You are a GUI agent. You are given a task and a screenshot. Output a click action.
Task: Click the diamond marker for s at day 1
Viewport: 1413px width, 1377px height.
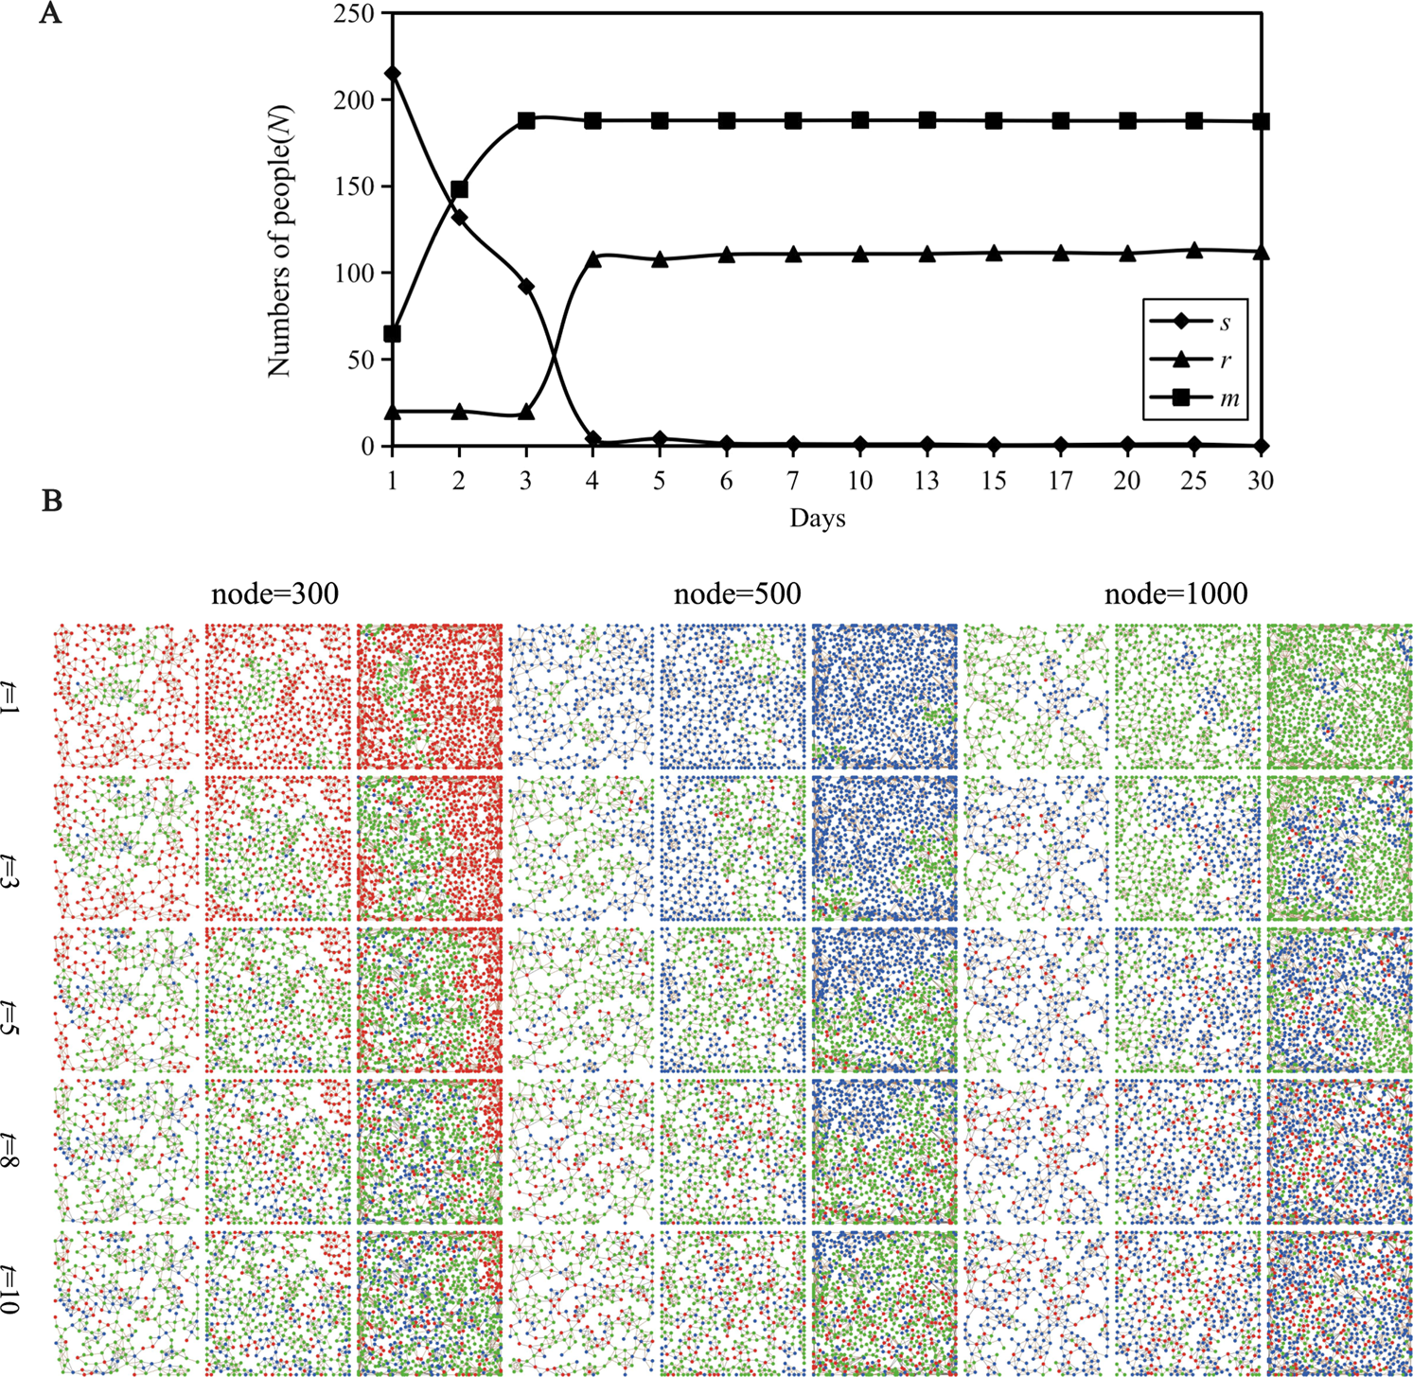[392, 74]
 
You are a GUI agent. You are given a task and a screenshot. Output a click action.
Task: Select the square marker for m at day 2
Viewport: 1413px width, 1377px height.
[459, 190]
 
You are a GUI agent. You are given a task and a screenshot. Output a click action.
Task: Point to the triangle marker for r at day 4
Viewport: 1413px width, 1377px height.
[593, 258]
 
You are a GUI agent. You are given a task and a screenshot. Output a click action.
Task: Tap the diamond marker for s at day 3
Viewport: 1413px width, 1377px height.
[526, 287]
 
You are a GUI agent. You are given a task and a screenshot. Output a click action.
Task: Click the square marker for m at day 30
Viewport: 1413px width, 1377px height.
[1261, 122]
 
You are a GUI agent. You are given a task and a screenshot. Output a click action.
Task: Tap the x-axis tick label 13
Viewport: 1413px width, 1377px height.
[927, 482]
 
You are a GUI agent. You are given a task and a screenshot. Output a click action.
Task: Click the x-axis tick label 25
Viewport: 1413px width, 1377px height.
[1194, 482]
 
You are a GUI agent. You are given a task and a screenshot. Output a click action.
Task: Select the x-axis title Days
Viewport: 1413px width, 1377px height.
[818, 519]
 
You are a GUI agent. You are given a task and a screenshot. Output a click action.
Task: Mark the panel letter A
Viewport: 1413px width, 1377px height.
[51, 15]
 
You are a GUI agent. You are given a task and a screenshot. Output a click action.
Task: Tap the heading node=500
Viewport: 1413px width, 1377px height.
[737, 593]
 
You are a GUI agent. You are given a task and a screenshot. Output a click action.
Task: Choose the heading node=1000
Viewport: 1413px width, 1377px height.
[1175, 593]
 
